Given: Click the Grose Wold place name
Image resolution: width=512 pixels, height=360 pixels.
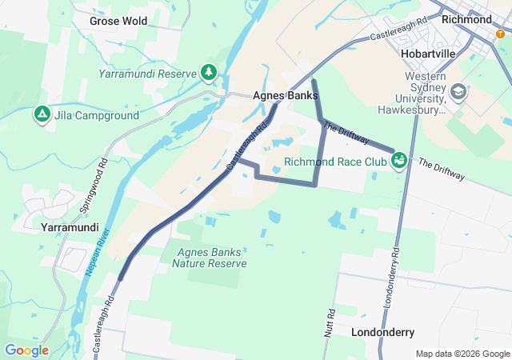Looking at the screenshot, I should click(x=118, y=21).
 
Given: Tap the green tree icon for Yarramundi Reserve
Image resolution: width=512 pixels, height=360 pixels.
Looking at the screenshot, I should click(x=209, y=73).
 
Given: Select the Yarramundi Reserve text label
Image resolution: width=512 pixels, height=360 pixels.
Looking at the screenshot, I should click(x=147, y=74).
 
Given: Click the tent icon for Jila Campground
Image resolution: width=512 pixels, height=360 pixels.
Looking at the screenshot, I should click(x=42, y=114).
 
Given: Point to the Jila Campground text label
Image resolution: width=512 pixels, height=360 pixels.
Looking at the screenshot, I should click(x=97, y=115).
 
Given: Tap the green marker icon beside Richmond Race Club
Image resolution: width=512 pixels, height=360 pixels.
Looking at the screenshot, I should click(x=400, y=162).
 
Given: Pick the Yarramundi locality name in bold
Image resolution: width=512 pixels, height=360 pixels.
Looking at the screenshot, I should click(x=69, y=227).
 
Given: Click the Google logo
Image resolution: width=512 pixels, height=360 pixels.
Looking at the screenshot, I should click(x=26, y=350).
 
